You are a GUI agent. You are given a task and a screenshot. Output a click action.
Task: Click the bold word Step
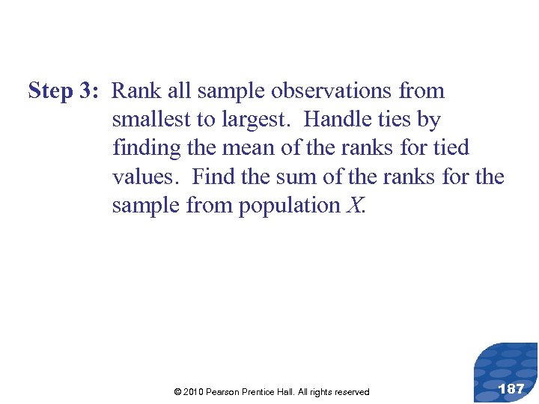pos(51,92)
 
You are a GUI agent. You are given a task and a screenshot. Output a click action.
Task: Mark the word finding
pos(147,148)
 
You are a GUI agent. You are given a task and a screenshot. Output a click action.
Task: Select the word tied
pos(450,148)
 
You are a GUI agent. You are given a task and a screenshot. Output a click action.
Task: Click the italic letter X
pos(355,205)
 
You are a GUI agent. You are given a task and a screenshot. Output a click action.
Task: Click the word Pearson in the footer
pos(231,392)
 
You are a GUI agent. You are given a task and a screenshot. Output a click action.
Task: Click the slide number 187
pos(511,389)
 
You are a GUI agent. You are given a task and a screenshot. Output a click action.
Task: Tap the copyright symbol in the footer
pos(177,392)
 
